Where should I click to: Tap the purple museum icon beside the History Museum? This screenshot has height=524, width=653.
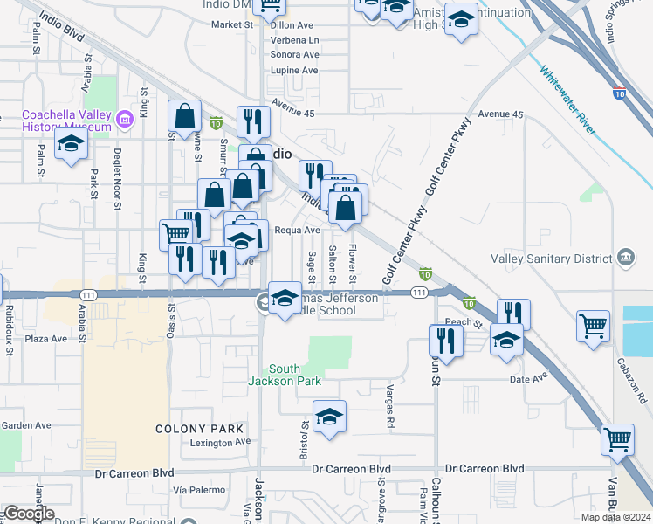coord(126,118)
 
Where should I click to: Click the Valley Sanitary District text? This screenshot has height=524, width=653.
coord(552,259)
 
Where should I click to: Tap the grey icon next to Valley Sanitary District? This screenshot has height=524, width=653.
coord(625,258)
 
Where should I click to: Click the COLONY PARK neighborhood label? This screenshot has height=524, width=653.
coord(199,429)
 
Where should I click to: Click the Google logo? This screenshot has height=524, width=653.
coord(28,514)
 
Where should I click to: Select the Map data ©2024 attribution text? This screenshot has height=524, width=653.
coord(615,517)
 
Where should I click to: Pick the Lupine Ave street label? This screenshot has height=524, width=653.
coord(295,70)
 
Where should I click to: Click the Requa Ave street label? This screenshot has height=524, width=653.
coord(298,231)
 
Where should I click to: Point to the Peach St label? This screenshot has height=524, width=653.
coord(464,322)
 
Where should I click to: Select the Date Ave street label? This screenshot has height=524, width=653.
coord(528,378)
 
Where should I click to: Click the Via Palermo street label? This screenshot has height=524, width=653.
coord(194,489)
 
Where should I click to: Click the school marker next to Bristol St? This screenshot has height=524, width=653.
coord(329,417)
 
